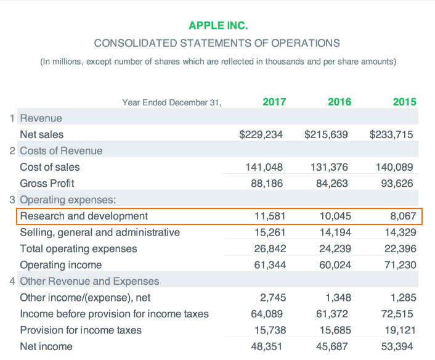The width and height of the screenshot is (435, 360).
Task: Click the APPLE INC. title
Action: coord(218,26)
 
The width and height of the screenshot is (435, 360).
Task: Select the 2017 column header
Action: coord(274,102)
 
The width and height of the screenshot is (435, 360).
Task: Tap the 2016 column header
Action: coord(339,102)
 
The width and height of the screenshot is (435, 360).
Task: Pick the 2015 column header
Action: coord(404,102)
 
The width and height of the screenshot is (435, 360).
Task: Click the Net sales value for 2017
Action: coord(261,134)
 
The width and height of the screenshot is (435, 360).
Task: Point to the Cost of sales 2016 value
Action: coord(333,167)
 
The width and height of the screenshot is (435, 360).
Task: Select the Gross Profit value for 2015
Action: coord(399,183)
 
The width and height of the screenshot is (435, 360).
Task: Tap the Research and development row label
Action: coord(84,216)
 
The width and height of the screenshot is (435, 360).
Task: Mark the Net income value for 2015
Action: coord(399,346)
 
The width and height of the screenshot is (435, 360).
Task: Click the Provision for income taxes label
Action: coord(81,330)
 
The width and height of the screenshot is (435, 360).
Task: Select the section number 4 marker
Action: coord(13,281)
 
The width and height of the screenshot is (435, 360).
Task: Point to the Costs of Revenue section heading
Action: coord(61,150)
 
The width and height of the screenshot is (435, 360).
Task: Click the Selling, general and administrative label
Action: coord(100,232)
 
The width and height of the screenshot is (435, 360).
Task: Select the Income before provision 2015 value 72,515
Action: coord(399,314)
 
